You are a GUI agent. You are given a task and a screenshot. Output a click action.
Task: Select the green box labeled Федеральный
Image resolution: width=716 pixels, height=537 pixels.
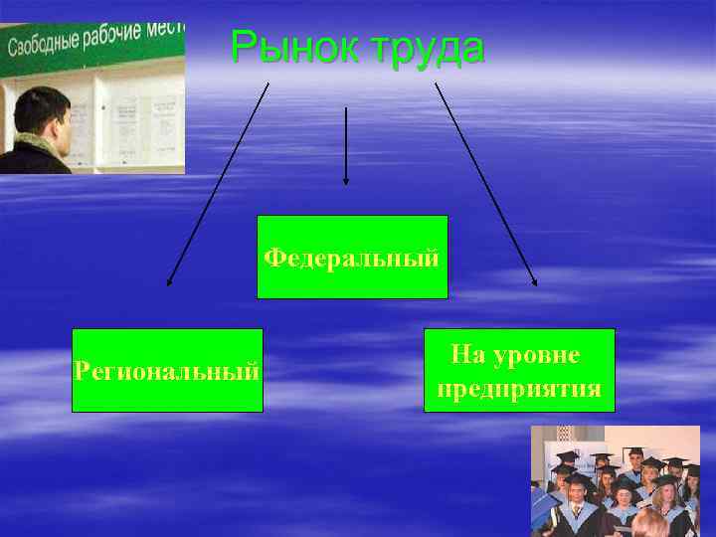pyautogui.click(x=352, y=257)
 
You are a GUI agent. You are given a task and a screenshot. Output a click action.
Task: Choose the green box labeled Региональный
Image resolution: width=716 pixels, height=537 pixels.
pyautogui.click(x=167, y=370)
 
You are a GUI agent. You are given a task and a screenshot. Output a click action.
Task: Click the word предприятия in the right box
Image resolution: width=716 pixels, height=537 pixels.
pyautogui.click(x=519, y=388)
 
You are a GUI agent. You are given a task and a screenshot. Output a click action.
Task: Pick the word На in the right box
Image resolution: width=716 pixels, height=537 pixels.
pyautogui.click(x=465, y=353)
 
